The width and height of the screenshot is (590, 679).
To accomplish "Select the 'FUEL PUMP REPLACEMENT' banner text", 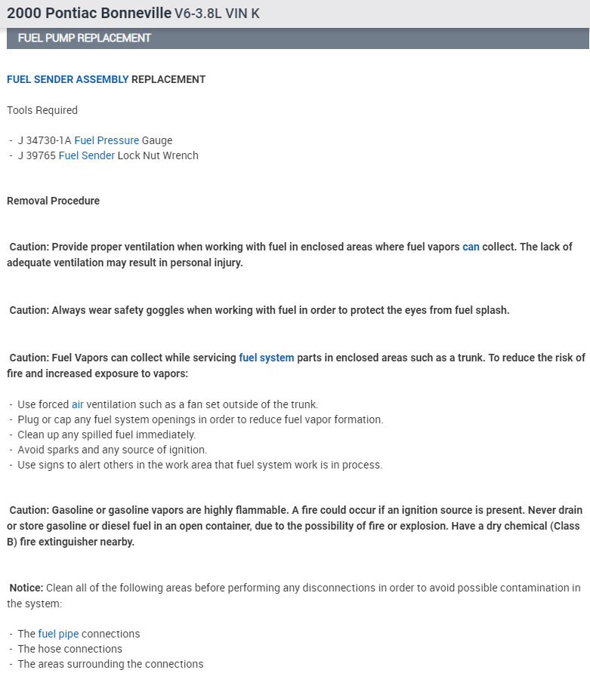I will [x=84, y=38].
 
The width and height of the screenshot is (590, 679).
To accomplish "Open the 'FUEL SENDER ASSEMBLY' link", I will [x=67, y=79].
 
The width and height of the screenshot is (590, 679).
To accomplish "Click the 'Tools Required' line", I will [x=42, y=110].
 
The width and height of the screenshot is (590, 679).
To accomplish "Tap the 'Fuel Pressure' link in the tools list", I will [x=107, y=140].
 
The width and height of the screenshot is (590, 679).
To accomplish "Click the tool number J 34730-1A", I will [x=44, y=140].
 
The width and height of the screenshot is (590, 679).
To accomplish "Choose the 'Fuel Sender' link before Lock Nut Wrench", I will [x=86, y=155].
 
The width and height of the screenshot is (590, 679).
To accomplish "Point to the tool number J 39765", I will [x=36, y=155].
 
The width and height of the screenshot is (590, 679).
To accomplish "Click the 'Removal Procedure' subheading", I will [x=53, y=201].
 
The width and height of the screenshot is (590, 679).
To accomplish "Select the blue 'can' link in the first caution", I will [x=471, y=247].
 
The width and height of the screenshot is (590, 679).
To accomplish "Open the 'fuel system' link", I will [x=266, y=358].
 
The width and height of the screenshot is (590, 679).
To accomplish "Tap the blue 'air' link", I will [x=78, y=404].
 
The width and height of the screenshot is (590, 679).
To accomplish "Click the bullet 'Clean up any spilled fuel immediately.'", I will [x=107, y=435].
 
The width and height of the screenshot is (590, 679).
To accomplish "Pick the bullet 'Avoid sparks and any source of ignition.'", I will [x=112, y=450].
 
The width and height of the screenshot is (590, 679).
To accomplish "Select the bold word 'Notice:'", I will [x=26, y=588].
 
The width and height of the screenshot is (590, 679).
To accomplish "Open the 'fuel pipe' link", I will [x=58, y=634].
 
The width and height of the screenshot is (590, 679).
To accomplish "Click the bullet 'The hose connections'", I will [x=70, y=649].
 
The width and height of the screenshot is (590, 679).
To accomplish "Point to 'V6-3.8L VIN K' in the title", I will [x=217, y=14].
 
